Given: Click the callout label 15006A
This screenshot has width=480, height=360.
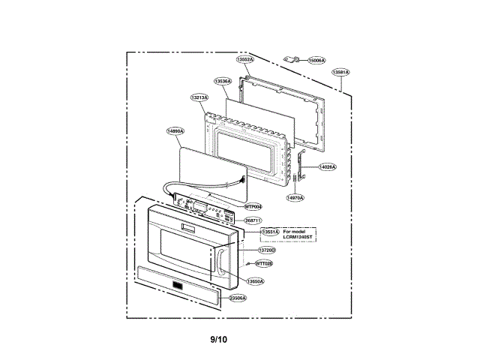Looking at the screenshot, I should point(316,60).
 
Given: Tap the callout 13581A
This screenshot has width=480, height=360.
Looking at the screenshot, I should point(340,72).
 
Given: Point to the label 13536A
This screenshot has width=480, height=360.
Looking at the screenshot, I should point(223,81).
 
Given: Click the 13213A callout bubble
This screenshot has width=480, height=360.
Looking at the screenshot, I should point(199,97).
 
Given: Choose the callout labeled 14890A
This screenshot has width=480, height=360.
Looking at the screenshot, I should point(175,130).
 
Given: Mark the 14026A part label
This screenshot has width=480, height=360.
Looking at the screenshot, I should point(327,166).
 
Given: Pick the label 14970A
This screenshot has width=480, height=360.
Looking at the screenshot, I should point(295,197).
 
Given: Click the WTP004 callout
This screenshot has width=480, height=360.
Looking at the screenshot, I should point(253,206).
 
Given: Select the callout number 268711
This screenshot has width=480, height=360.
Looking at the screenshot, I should point(252,220).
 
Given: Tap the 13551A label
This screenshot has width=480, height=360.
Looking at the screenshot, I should point(270,232).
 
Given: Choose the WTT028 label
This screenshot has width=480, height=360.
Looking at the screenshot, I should point(264,263).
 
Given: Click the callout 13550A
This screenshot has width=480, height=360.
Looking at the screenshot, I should point(256,280).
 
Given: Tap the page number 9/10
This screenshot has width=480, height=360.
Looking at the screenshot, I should point(218,340).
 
